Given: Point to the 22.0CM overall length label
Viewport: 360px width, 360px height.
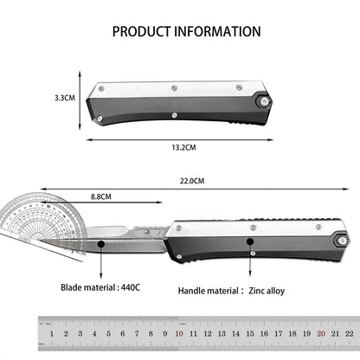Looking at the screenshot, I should tap(192, 182).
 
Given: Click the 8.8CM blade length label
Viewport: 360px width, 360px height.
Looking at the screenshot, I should tap(100, 197).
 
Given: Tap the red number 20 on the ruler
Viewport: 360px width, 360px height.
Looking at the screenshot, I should tap(320, 332).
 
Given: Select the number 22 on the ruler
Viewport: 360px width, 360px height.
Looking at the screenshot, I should tap(348, 332).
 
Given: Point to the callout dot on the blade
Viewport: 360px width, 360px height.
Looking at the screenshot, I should tap(102, 245).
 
